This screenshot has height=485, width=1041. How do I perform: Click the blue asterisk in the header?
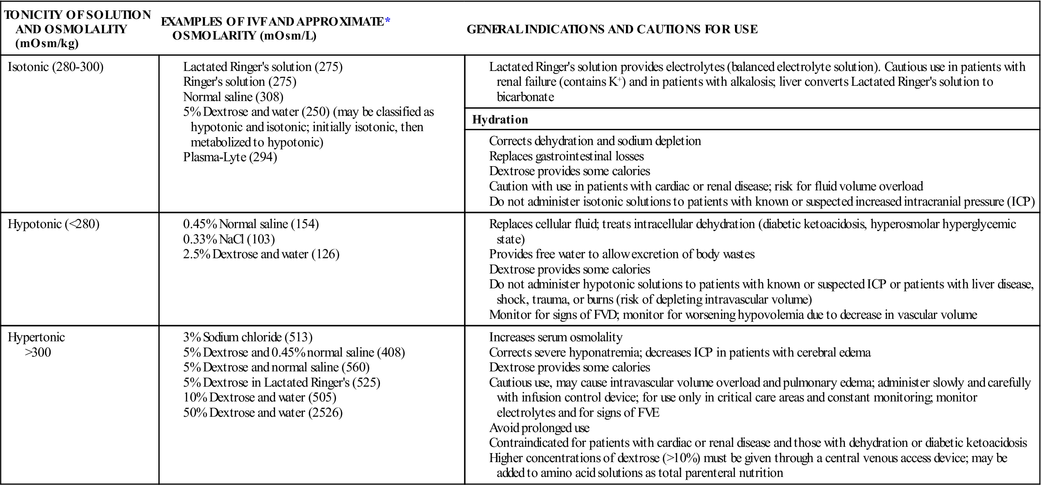coord(388,21)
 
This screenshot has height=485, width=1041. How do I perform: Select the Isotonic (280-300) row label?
coord(56,67)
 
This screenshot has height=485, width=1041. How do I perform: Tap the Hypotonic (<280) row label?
coord(53,224)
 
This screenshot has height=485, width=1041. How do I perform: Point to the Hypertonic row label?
coord(36,337)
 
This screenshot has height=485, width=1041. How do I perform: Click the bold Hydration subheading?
coord(500,119)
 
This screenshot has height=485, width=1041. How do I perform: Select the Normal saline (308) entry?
coord(233,97)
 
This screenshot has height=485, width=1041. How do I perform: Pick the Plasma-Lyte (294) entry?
coord(230,157)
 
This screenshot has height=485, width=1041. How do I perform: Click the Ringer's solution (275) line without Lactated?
coord(240,82)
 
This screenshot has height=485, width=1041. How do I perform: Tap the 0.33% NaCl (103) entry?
coord(229,239)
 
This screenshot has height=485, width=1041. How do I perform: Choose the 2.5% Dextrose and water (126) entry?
coord(261,254)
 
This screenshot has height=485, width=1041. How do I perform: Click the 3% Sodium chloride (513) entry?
coord(248,337)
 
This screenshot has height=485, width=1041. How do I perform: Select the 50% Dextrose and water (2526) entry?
coord(262,412)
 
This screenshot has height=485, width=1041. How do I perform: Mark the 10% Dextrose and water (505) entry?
coord(259,397)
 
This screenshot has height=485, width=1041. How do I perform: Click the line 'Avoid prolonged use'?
coord(539,428)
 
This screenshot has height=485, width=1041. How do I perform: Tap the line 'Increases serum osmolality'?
coord(555,337)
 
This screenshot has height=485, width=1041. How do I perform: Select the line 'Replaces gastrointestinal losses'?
coord(566,156)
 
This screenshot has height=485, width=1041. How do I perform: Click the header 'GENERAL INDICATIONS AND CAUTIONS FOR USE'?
coord(612,29)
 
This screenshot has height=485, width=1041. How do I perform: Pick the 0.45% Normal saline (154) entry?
coord(251,224)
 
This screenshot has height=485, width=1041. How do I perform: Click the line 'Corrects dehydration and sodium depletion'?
coord(595,141)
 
